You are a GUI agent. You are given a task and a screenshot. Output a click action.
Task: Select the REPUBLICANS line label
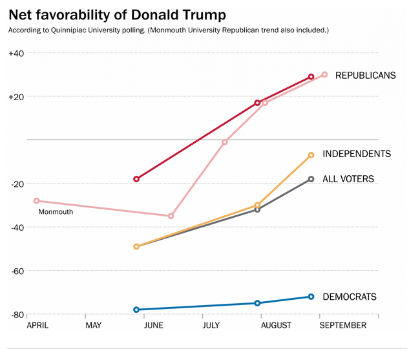tap(365, 76)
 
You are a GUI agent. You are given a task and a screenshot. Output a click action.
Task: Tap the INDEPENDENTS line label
tap(357, 154)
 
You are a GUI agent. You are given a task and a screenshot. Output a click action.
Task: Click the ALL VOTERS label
tap(348, 179)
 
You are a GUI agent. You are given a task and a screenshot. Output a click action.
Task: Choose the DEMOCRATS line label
tap(349, 297)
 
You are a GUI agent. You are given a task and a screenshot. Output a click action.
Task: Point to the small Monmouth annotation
tap(56, 211)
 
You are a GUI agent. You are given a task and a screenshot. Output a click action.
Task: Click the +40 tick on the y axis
tap(16, 53)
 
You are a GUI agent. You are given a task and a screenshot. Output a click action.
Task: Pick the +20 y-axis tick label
tap(16, 97)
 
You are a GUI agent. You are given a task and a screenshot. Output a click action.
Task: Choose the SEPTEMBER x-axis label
tap(343, 325)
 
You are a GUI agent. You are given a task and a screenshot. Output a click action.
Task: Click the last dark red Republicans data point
tap(311, 76)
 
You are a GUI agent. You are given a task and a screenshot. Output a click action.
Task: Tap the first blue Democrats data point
tap(136, 310)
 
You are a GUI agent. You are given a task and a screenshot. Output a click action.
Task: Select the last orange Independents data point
tap(311, 155)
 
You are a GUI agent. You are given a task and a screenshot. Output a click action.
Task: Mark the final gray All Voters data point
tap(311, 179)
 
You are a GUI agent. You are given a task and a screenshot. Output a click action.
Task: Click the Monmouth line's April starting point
tap(36, 201)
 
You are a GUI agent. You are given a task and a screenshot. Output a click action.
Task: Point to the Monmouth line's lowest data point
tap(171, 216)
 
